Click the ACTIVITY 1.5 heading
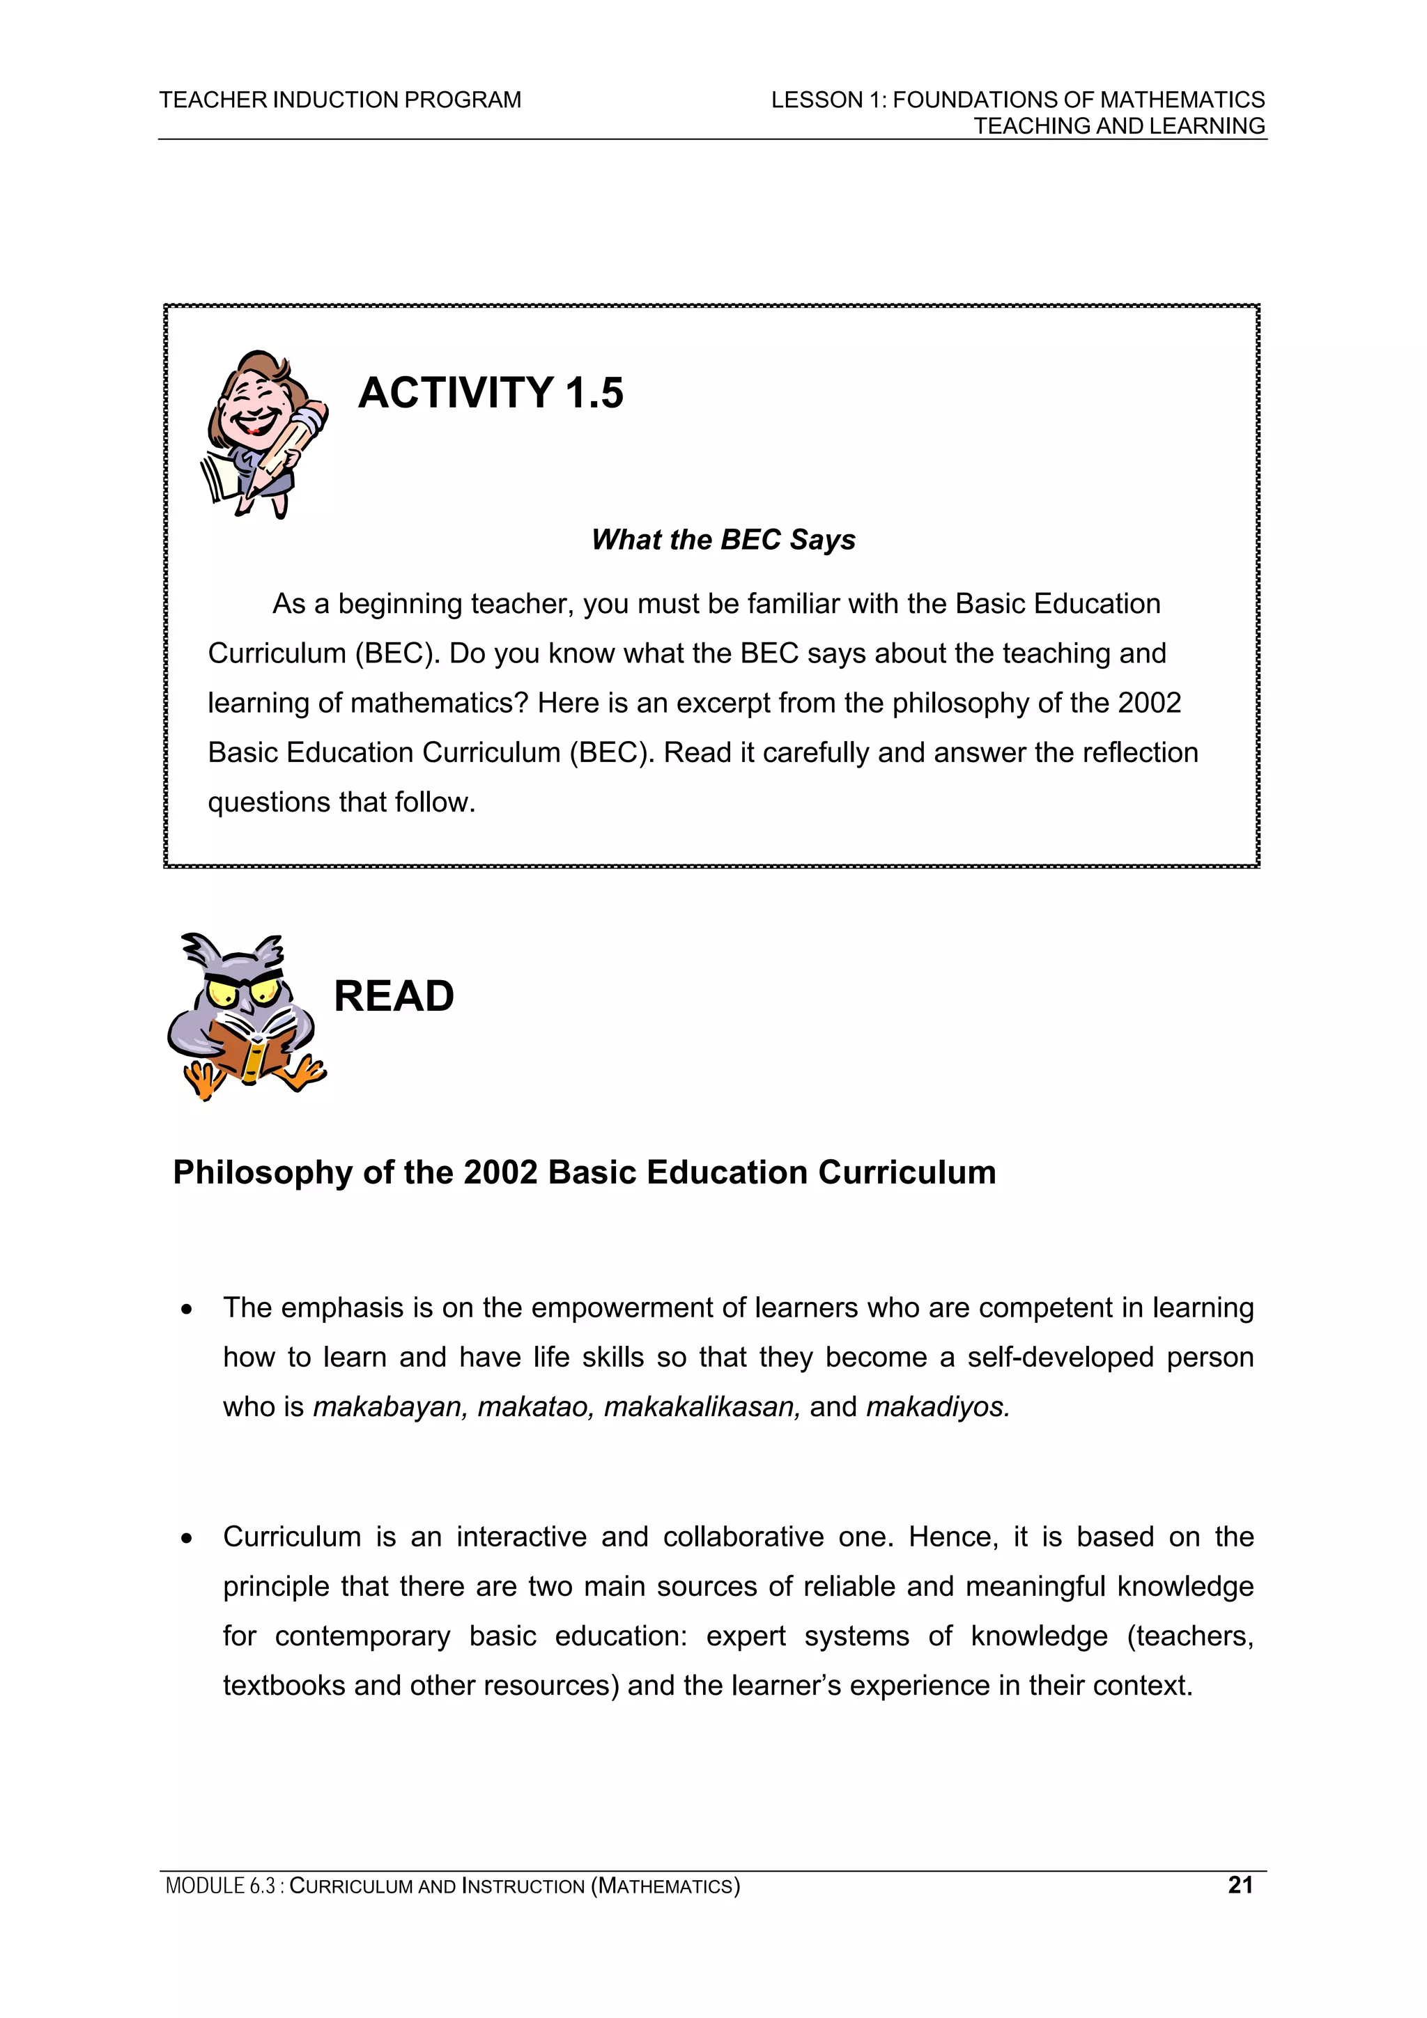491,393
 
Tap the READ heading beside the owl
393,997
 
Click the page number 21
1240,1885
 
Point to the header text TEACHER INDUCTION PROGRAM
340,100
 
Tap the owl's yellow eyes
242,994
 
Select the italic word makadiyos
937,1407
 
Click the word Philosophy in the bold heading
262,1173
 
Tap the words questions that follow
341,802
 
